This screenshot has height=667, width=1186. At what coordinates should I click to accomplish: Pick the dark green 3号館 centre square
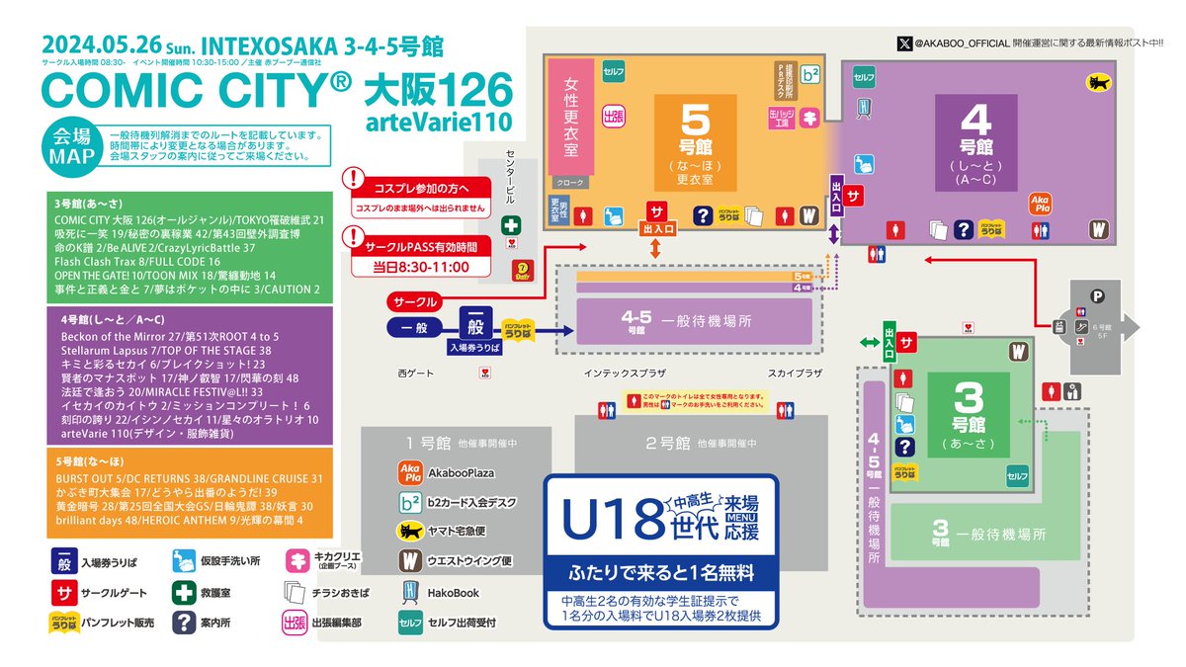click(967, 414)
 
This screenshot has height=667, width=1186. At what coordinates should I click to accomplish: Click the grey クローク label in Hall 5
click(571, 182)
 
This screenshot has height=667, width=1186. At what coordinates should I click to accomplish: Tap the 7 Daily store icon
click(520, 267)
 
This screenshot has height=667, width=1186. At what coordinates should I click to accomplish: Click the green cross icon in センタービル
click(511, 224)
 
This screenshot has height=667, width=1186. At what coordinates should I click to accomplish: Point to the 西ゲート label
click(415, 373)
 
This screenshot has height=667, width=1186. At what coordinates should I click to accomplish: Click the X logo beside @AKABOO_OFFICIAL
click(903, 42)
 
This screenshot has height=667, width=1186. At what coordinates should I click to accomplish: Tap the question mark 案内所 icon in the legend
click(183, 623)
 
